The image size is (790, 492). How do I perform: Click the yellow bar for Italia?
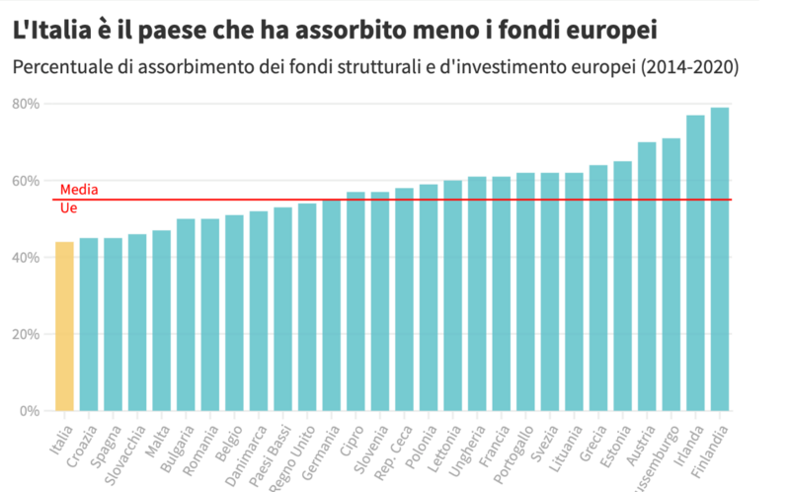(64, 326)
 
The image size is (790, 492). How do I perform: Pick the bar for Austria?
(647, 277)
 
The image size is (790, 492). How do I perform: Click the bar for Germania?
(332, 305)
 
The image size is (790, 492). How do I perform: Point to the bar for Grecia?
(598, 287)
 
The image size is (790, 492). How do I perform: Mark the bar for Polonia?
(429, 297)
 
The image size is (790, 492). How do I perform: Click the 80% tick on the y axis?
(26, 104)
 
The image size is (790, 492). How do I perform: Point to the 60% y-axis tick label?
(26, 181)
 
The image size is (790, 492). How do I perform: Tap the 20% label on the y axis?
(26, 334)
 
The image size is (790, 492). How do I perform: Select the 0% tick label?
(30, 410)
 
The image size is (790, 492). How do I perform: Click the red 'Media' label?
(79, 189)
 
